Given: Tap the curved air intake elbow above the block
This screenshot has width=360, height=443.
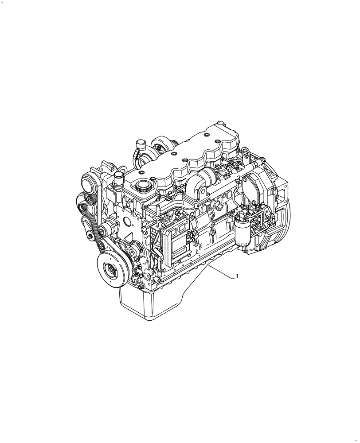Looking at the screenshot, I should point(205,180).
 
